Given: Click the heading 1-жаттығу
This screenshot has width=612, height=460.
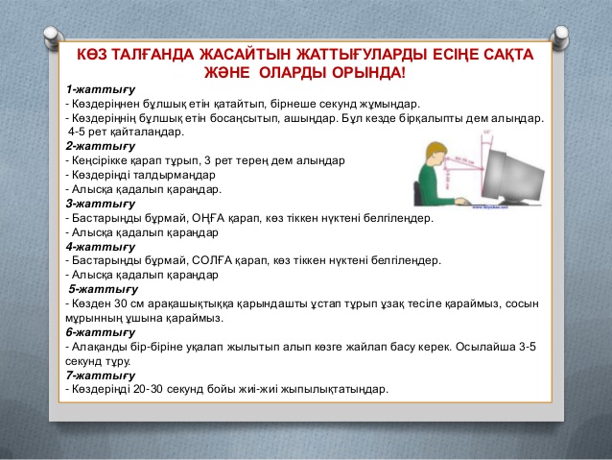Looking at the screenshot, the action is click(x=101, y=90).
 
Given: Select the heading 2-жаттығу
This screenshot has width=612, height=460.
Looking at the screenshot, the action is click(x=101, y=147).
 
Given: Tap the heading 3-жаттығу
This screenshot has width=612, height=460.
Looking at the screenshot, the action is click(x=101, y=204).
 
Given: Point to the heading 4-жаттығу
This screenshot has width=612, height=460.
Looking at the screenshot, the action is click(x=101, y=247).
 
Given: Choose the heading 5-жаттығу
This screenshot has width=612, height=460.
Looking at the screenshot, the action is click(x=104, y=290).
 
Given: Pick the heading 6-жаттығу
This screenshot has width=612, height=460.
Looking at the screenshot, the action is click(x=101, y=332).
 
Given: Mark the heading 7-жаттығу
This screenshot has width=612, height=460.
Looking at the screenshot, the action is click(x=101, y=375).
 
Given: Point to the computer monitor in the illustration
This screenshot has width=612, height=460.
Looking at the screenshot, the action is click(x=512, y=175).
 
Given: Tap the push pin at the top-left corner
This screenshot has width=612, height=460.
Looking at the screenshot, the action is click(x=54, y=37).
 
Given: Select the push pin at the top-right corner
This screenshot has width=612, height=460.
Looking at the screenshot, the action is click(x=559, y=37).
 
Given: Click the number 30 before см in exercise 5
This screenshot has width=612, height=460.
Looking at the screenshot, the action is click(x=120, y=303).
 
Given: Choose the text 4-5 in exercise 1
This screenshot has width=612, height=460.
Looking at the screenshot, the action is click(x=76, y=132).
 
